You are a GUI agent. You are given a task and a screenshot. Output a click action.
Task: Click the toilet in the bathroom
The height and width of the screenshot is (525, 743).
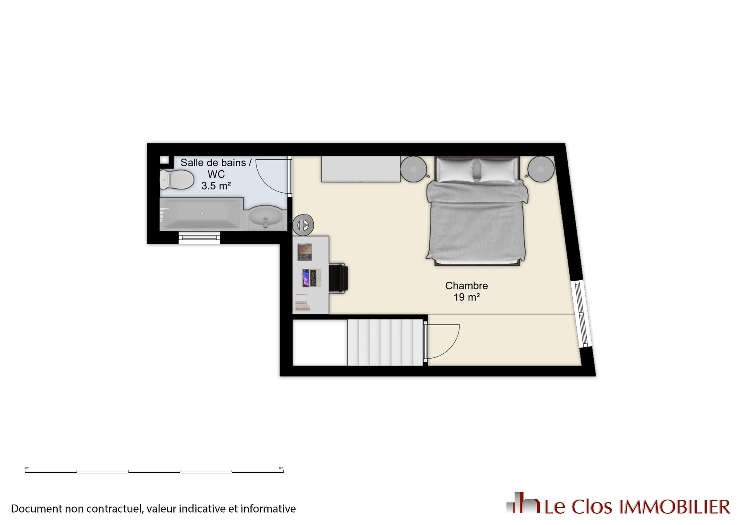(x=177, y=179)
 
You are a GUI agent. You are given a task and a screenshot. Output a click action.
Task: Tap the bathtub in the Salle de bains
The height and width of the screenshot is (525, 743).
(x=202, y=214)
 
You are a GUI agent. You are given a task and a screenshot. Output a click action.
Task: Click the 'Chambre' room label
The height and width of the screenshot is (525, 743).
(x=466, y=286)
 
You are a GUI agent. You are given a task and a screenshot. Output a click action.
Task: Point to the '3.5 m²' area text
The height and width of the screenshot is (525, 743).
(x=216, y=186)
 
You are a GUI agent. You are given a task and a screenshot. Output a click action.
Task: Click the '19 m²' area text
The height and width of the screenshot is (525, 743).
(x=467, y=297)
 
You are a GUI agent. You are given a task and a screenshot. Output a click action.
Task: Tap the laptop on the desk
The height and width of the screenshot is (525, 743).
(x=311, y=278)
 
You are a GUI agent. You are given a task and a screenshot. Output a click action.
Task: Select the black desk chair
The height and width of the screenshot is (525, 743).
(x=339, y=278)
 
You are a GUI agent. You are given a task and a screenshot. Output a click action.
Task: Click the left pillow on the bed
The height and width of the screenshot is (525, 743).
(x=457, y=170)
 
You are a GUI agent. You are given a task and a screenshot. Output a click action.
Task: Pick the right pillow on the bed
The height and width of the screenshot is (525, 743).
(x=498, y=170)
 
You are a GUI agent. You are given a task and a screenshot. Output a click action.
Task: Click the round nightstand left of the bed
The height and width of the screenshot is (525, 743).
(x=414, y=169)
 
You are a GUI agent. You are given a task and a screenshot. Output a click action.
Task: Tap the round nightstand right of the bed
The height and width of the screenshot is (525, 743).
(x=541, y=169)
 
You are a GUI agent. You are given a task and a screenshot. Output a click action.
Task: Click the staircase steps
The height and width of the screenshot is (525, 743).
(x=385, y=342)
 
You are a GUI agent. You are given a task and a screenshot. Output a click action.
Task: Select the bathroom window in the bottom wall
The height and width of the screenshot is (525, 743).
(x=199, y=238)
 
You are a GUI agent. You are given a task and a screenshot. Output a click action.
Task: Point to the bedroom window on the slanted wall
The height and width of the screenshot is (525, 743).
(x=582, y=314)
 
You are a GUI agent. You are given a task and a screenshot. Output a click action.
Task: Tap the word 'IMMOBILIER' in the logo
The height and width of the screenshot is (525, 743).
(x=675, y=507)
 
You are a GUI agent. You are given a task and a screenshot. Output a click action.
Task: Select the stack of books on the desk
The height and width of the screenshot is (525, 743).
(x=303, y=303)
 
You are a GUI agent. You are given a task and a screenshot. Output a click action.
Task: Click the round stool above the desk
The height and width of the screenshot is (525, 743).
(x=303, y=225)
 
